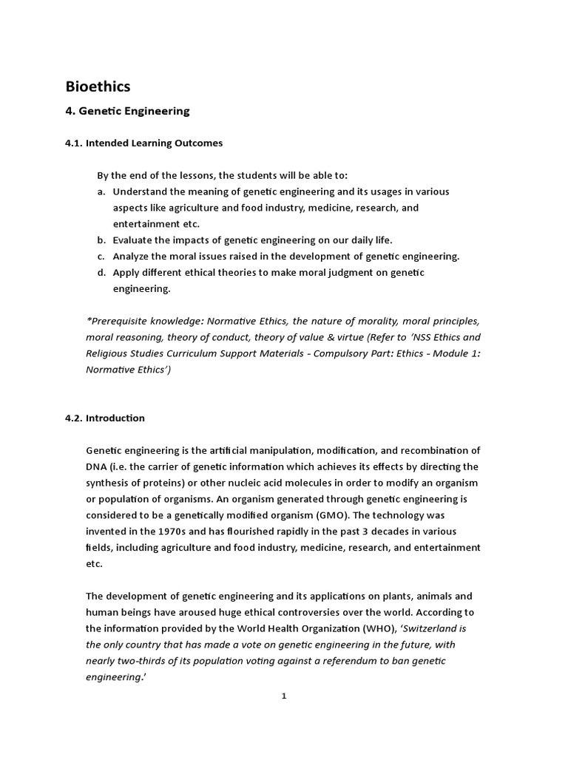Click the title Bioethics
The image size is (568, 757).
click(x=98, y=86)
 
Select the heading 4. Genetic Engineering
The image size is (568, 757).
click(x=127, y=111)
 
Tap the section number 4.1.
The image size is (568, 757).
click(x=74, y=143)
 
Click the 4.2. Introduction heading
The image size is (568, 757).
click(x=105, y=418)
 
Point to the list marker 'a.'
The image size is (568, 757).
click(x=101, y=191)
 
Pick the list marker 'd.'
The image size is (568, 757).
click(x=101, y=273)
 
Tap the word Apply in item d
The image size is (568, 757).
click(x=126, y=273)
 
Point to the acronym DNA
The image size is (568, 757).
click(x=98, y=466)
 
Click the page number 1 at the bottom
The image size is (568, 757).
click(x=284, y=696)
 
